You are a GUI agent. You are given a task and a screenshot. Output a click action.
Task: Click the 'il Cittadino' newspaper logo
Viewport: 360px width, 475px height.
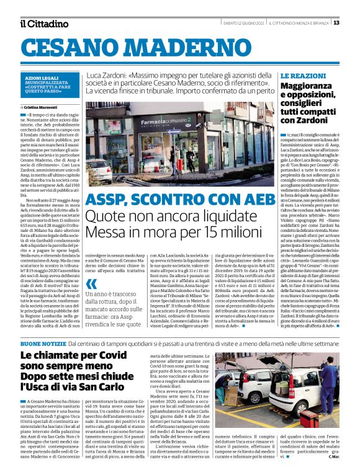[44, 24]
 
